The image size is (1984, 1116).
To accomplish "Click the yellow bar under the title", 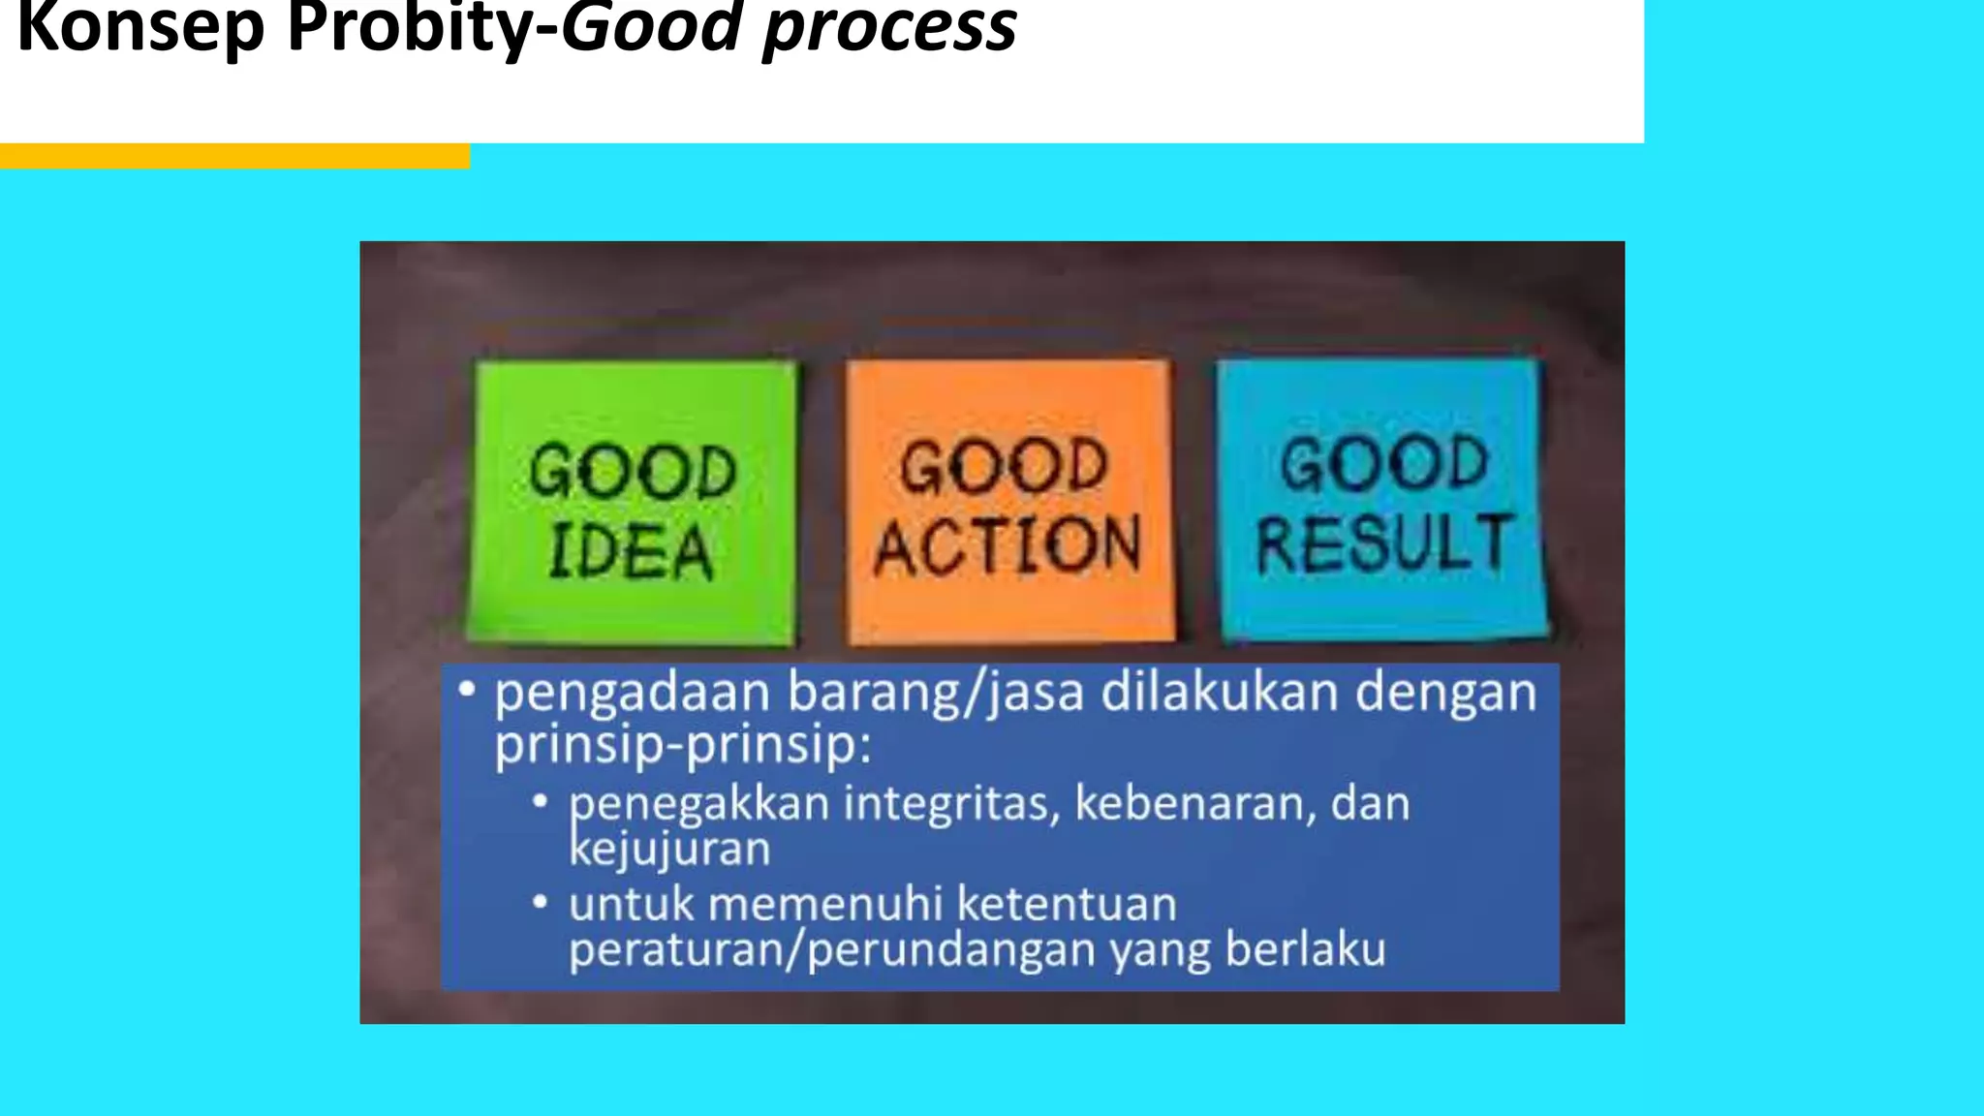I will click(x=234, y=156).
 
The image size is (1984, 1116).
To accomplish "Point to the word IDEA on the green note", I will click(x=632, y=553).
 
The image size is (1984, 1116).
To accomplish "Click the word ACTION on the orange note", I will click(x=1007, y=546).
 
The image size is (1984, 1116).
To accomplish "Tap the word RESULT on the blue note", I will click(x=1382, y=543).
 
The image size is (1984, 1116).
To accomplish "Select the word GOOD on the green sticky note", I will click(x=633, y=472).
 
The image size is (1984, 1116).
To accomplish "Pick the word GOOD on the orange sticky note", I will click(x=1004, y=466).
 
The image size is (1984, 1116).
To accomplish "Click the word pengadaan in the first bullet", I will click(x=633, y=694).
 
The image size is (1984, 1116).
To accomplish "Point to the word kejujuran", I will click(x=669, y=850).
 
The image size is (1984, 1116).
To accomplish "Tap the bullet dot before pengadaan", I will click(x=468, y=690).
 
